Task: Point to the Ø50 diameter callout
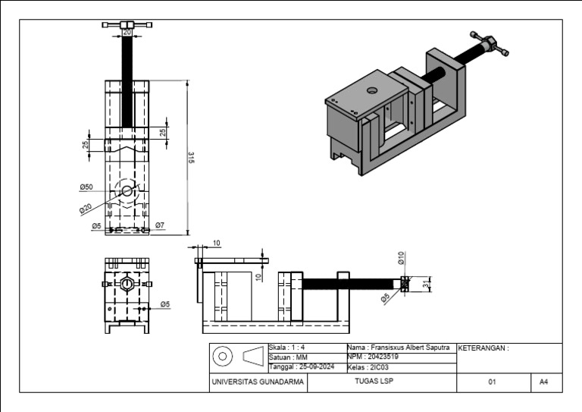tap(86, 187)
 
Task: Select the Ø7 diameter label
tap(160, 225)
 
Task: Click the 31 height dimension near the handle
tap(435, 284)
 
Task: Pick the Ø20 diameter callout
tap(85, 208)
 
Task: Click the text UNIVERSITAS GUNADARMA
tap(258, 382)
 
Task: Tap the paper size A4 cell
tap(543, 382)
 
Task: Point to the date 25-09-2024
tap(314, 366)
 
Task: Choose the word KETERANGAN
tap(484, 348)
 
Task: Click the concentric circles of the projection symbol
tap(224, 356)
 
